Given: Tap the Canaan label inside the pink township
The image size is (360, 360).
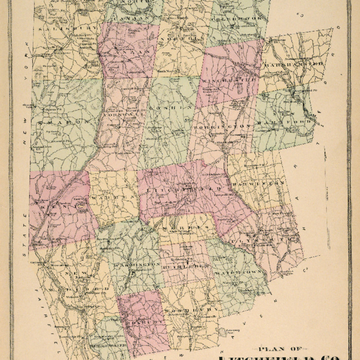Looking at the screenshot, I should [x=130, y=53].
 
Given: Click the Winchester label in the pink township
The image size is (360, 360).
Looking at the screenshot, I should [x=229, y=80].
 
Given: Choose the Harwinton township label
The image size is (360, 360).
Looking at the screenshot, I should [x=258, y=183].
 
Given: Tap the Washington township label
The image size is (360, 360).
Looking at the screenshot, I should [x=137, y=265].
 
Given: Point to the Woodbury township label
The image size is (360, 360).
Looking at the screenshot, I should [x=191, y=311].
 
